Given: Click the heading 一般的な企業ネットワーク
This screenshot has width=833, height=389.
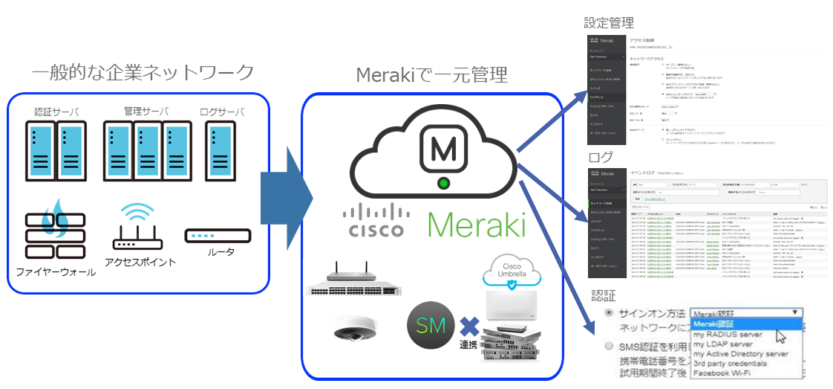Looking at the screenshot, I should coord(143,73).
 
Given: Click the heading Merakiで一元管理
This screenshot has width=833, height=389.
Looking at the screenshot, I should coord(432,75).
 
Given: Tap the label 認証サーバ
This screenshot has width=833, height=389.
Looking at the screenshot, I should coord(56,113).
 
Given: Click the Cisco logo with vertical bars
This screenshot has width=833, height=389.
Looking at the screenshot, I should coord(374,220).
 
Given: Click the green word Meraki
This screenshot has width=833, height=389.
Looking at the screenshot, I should coord(477,224).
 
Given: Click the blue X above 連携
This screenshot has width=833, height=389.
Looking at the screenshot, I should coord(468,326).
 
